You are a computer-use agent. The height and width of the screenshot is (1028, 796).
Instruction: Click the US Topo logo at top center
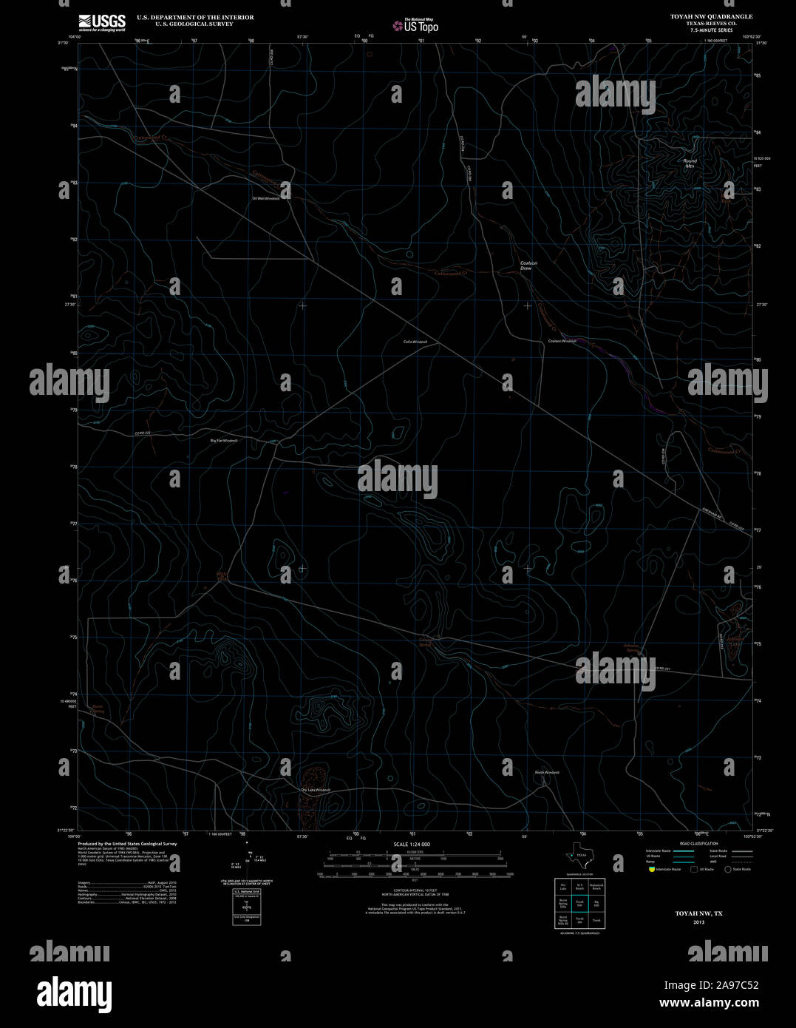415,26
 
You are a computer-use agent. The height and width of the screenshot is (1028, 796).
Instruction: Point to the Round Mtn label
690,163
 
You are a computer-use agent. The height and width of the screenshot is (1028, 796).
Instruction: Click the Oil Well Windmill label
266,198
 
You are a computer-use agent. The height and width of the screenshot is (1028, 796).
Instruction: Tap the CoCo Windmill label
415,342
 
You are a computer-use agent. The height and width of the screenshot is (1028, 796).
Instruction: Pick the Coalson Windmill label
562,341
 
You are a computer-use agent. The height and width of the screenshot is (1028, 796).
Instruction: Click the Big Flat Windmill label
224,440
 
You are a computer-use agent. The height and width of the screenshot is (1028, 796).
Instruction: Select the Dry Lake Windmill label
316,790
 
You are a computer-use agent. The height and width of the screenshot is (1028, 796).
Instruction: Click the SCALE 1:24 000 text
412,844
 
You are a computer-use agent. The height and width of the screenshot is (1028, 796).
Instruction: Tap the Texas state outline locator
576,856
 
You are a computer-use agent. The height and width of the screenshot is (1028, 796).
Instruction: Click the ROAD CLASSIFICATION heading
698,844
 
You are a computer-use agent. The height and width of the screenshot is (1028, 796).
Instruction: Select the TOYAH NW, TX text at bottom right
698,913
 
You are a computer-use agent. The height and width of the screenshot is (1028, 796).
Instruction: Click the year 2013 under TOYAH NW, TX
699,922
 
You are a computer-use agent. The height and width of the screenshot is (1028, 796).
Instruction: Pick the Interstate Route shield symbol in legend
651,869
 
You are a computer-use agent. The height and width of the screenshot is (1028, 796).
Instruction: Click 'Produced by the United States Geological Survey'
127,843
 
